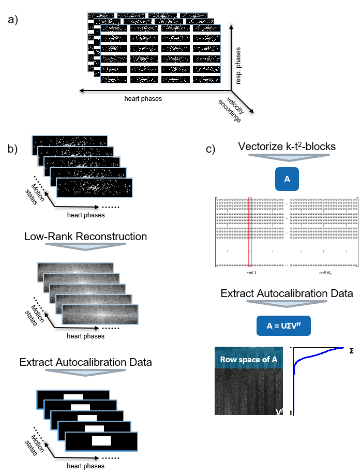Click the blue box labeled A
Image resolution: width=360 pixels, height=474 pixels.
coord(287,179)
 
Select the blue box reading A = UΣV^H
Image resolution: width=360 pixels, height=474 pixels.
coord(283,326)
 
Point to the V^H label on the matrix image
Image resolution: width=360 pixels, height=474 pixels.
coord(280,411)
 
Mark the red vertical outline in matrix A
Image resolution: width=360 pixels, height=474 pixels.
coord(250,232)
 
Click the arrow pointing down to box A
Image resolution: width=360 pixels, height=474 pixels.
coord(289,157)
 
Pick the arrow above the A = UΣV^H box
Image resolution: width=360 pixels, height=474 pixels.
coord(287,304)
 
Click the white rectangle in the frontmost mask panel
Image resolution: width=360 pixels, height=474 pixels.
coord(101,440)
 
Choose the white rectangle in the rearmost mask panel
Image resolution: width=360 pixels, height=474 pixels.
coord(73,397)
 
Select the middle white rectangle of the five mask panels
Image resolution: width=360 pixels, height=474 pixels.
coord(87,418)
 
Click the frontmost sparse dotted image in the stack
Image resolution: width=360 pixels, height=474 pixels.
coord(94,188)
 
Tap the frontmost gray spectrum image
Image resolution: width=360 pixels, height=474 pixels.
coord(100,315)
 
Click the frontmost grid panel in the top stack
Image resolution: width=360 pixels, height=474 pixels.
coord(160,54)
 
